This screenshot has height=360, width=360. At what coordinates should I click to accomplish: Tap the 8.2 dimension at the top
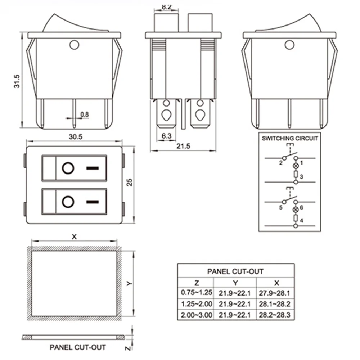(166, 6)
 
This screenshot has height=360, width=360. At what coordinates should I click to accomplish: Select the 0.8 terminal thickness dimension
(85, 114)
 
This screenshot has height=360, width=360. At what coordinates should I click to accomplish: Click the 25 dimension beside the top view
(130, 182)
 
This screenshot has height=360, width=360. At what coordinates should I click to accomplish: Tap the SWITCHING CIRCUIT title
(290, 139)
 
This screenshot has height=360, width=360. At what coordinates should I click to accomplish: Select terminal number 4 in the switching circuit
(301, 220)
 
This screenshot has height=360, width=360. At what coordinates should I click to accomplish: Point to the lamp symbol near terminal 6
(296, 209)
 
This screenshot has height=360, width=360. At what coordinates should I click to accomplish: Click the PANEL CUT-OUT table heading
(235, 271)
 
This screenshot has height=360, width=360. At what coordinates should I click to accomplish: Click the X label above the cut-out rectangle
(74, 237)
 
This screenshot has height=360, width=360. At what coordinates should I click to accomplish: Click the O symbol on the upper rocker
(68, 168)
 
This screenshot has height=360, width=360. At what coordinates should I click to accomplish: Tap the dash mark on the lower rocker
(93, 202)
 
